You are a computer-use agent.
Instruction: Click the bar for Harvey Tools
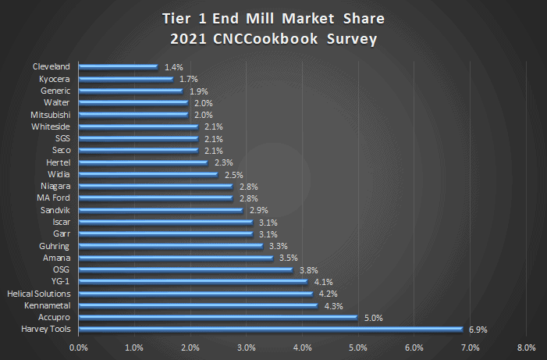pos(270,330)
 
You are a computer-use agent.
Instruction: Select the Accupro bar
pos(217,317)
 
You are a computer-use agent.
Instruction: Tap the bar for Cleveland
pos(117,67)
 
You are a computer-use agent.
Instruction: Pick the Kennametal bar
pos(197,305)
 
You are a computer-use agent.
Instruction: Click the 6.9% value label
pos(478,330)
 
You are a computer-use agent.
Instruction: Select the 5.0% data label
pos(372,317)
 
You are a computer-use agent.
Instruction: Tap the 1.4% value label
pos(173,67)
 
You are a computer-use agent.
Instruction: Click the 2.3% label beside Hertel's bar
pos(223,162)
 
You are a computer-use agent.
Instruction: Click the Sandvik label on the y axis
pos(55,210)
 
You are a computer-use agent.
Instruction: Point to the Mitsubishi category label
pos(52,115)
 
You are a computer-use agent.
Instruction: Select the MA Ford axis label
pos(55,198)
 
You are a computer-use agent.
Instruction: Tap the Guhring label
pos(55,246)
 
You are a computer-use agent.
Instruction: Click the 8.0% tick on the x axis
pos(525,348)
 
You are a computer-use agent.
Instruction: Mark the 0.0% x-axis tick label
pos(78,348)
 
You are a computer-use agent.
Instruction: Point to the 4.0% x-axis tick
pos(302,348)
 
